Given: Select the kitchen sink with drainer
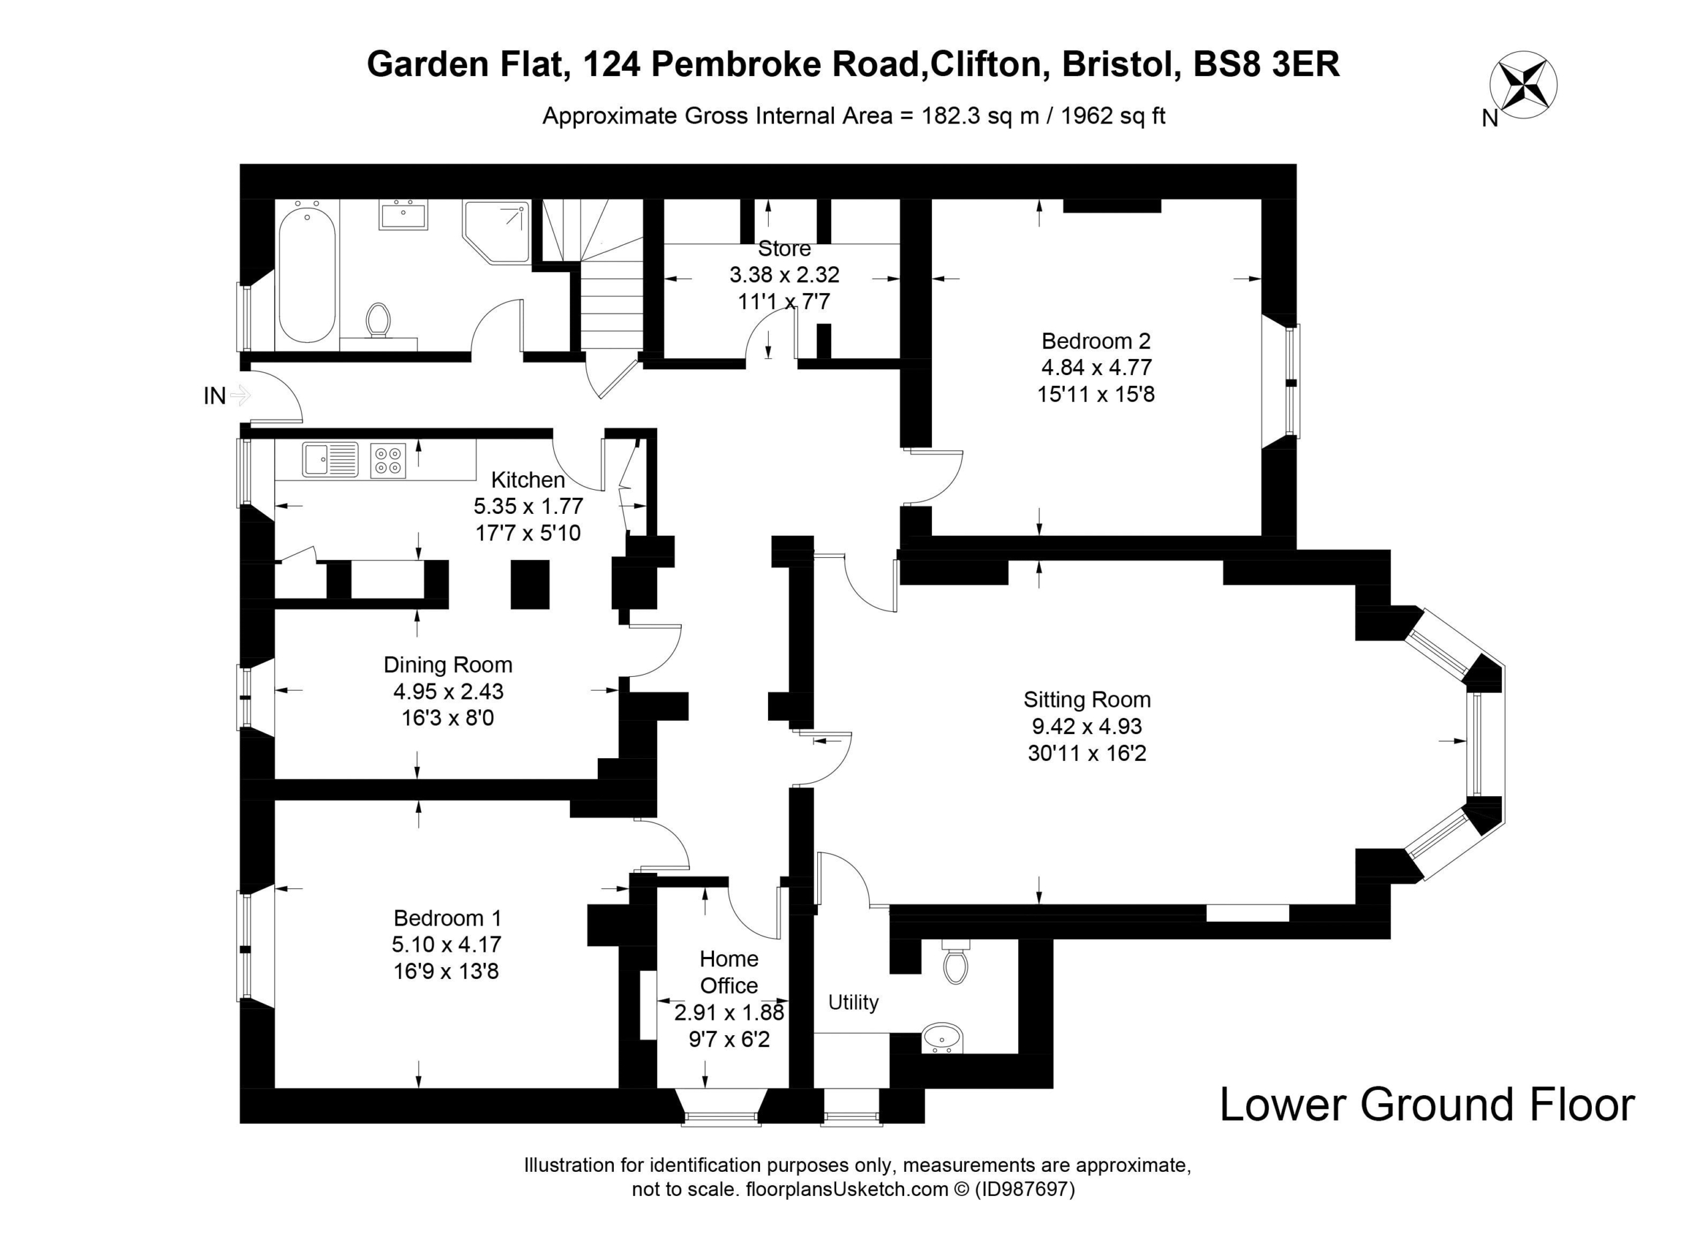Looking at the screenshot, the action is [331, 460].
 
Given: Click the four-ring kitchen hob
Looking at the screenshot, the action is [388, 460].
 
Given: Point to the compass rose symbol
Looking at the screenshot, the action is [1523, 83].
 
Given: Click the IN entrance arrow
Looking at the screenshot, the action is [240, 394].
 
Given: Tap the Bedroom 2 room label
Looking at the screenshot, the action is [1096, 341].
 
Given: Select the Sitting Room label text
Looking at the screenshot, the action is [1087, 700].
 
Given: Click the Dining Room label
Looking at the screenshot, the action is [448, 665].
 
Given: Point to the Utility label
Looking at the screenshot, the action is [853, 1002].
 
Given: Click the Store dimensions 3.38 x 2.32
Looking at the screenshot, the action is [784, 275].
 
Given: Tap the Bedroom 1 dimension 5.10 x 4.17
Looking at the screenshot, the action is [446, 944].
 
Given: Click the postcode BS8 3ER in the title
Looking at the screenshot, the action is [1267, 65].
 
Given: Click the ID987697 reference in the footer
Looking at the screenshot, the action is [1025, 1189].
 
